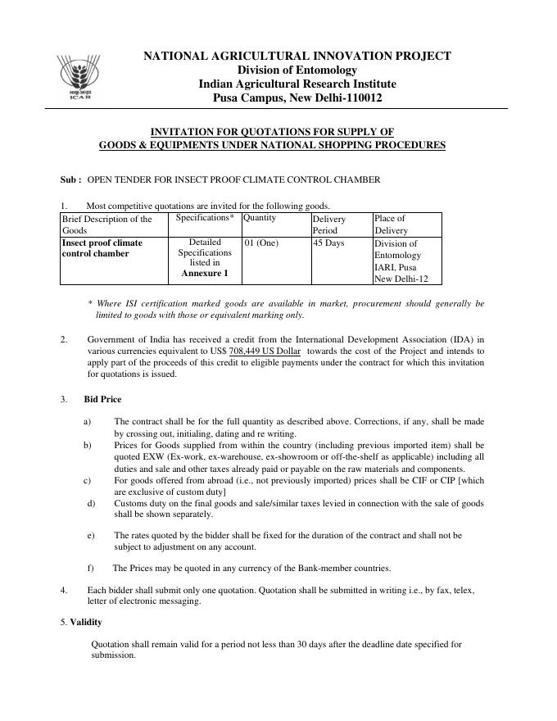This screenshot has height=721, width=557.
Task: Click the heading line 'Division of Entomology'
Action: tap(297, 70)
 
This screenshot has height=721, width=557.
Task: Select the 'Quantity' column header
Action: tap(260, 218)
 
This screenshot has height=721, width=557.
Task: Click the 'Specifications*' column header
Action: tap(205, 218)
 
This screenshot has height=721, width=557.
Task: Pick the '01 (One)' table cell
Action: tap(261, 243)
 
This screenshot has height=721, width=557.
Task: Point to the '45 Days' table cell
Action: tap(328, 243)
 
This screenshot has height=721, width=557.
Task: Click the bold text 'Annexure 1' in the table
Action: tap(205, 273)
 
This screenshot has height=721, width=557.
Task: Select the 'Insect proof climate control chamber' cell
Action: tap(102, 248)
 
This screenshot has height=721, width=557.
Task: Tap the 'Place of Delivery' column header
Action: tap(390, 224)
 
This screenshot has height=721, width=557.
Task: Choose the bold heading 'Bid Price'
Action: tap(102, 399)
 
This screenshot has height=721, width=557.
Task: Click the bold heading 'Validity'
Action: tap(85, 622)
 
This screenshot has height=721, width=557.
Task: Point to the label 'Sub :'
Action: tap(70, 179)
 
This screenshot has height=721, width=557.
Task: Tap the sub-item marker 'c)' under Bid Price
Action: tap(87, 480)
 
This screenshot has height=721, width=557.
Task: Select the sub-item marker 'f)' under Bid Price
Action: tap(90, 568)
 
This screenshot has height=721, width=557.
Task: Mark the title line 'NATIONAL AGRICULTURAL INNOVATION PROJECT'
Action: tap(297, 56)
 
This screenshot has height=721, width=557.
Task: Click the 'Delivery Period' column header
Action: tap(329, 224)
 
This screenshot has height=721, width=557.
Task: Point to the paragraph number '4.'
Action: tap(64, 590)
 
